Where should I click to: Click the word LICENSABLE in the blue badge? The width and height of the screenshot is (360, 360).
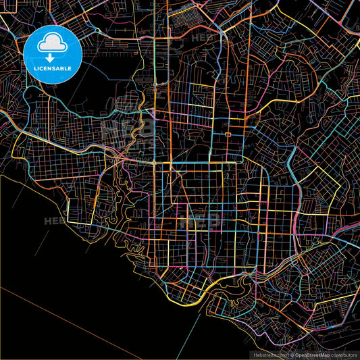pos(53,69)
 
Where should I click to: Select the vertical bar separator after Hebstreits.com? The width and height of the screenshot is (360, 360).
pos(288,354)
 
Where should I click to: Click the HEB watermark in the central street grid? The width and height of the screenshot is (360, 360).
pos(199,219)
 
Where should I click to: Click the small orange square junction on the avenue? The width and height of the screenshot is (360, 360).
pos(228,135)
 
